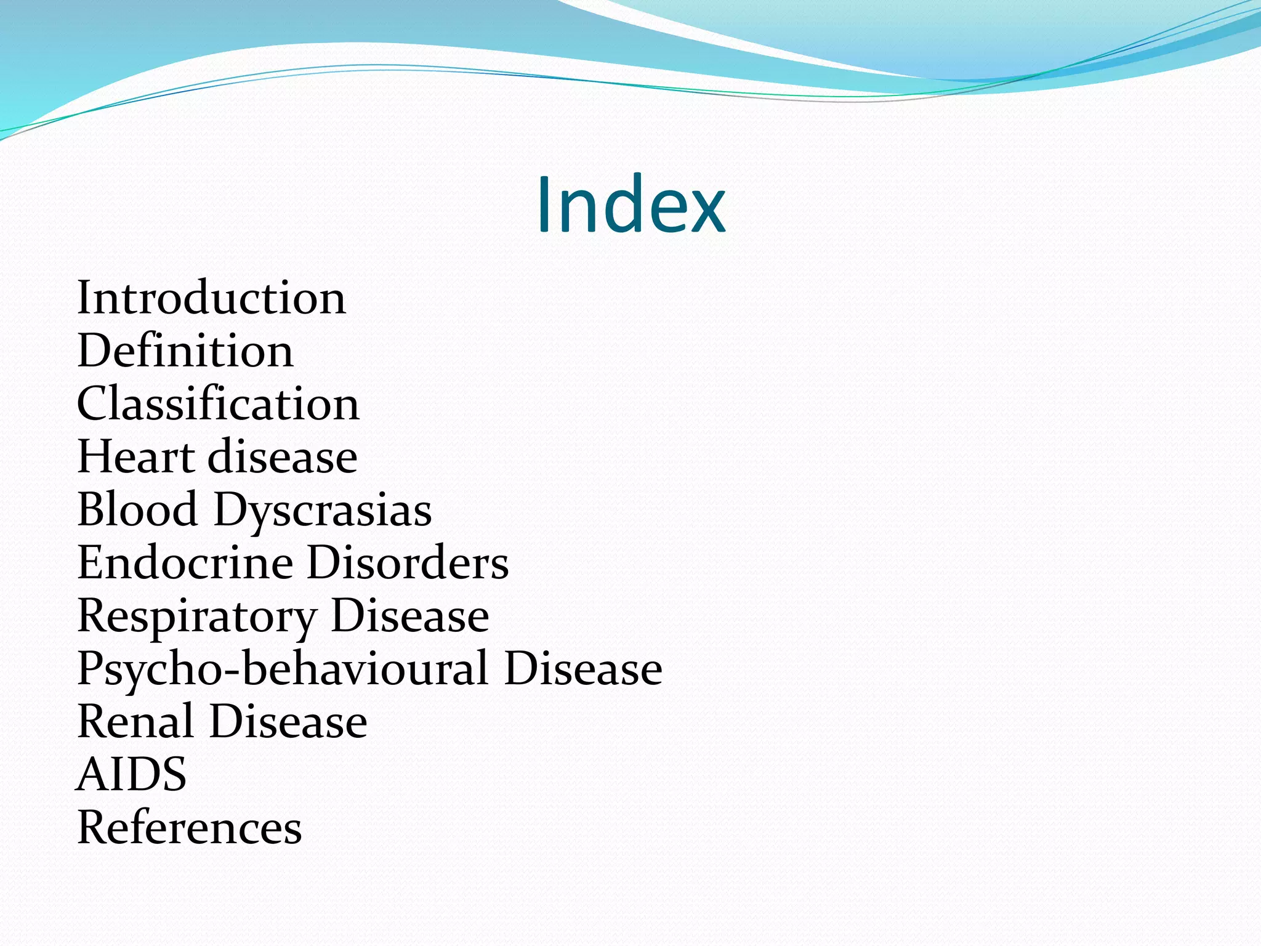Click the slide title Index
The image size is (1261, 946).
click(630, 205)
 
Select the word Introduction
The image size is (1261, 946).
click(211, 298)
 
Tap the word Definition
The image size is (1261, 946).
click(185, 351)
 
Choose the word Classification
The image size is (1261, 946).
click(218, 404)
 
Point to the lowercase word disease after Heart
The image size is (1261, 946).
click(283, 457)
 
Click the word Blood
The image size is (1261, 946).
click(137, 510)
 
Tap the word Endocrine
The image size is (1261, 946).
click(185, 563)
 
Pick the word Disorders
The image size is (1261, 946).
click(408, 563)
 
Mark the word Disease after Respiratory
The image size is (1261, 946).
click(410, 616)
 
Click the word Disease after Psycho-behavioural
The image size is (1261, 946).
click(583, 669)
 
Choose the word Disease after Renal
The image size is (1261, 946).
click(289, 722)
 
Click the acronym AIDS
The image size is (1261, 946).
click(132, 775)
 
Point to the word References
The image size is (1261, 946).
click(190, 828)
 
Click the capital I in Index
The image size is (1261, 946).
click(544, 205)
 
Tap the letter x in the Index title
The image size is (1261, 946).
click(704, 213)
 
